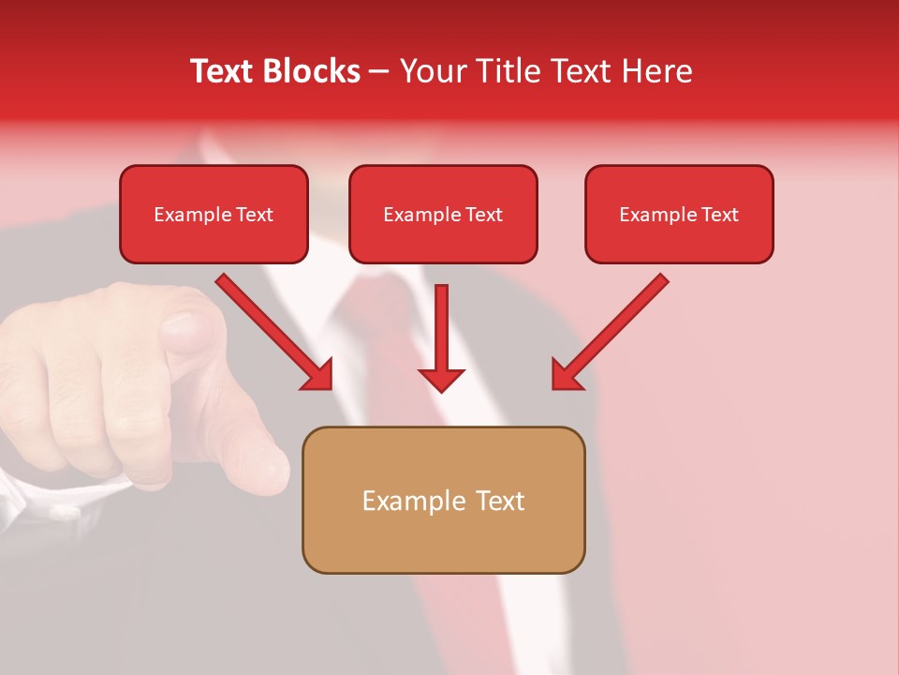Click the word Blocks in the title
(311, 71)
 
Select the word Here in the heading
(657, 71)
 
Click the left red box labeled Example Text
(214, 215)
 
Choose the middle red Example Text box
(443, 215)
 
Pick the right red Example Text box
(679, 215)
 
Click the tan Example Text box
(443, 501)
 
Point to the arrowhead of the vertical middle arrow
(441, 379)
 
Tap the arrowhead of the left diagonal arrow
(318, 375)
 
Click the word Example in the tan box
(413, 501)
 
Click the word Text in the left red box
(254, 215)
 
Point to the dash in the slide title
(379, 71)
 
